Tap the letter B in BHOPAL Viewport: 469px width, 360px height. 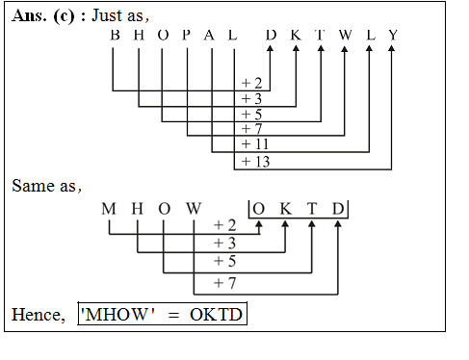point(116,36)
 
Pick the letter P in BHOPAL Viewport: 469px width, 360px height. point(187,36)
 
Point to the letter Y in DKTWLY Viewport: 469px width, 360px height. point(393,36)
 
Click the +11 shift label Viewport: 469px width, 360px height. point(256,144)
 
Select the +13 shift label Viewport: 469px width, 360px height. point(256,161)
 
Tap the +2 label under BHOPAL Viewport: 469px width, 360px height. point(252,84)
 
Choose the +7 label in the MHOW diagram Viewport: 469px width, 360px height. point(223,283)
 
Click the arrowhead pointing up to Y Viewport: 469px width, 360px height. point(393,53)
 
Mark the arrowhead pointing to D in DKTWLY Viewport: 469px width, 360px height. point(271,53)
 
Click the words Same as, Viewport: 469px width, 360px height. point(47,185)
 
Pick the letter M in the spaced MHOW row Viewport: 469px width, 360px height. point(108,209)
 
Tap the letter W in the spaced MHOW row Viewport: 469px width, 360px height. point(194,209)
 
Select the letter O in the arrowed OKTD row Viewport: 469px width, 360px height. point(259,209)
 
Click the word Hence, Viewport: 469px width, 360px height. point(39,315)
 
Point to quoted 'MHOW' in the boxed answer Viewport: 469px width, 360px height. point(117,316)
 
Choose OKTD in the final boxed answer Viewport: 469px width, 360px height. point(217,316)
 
